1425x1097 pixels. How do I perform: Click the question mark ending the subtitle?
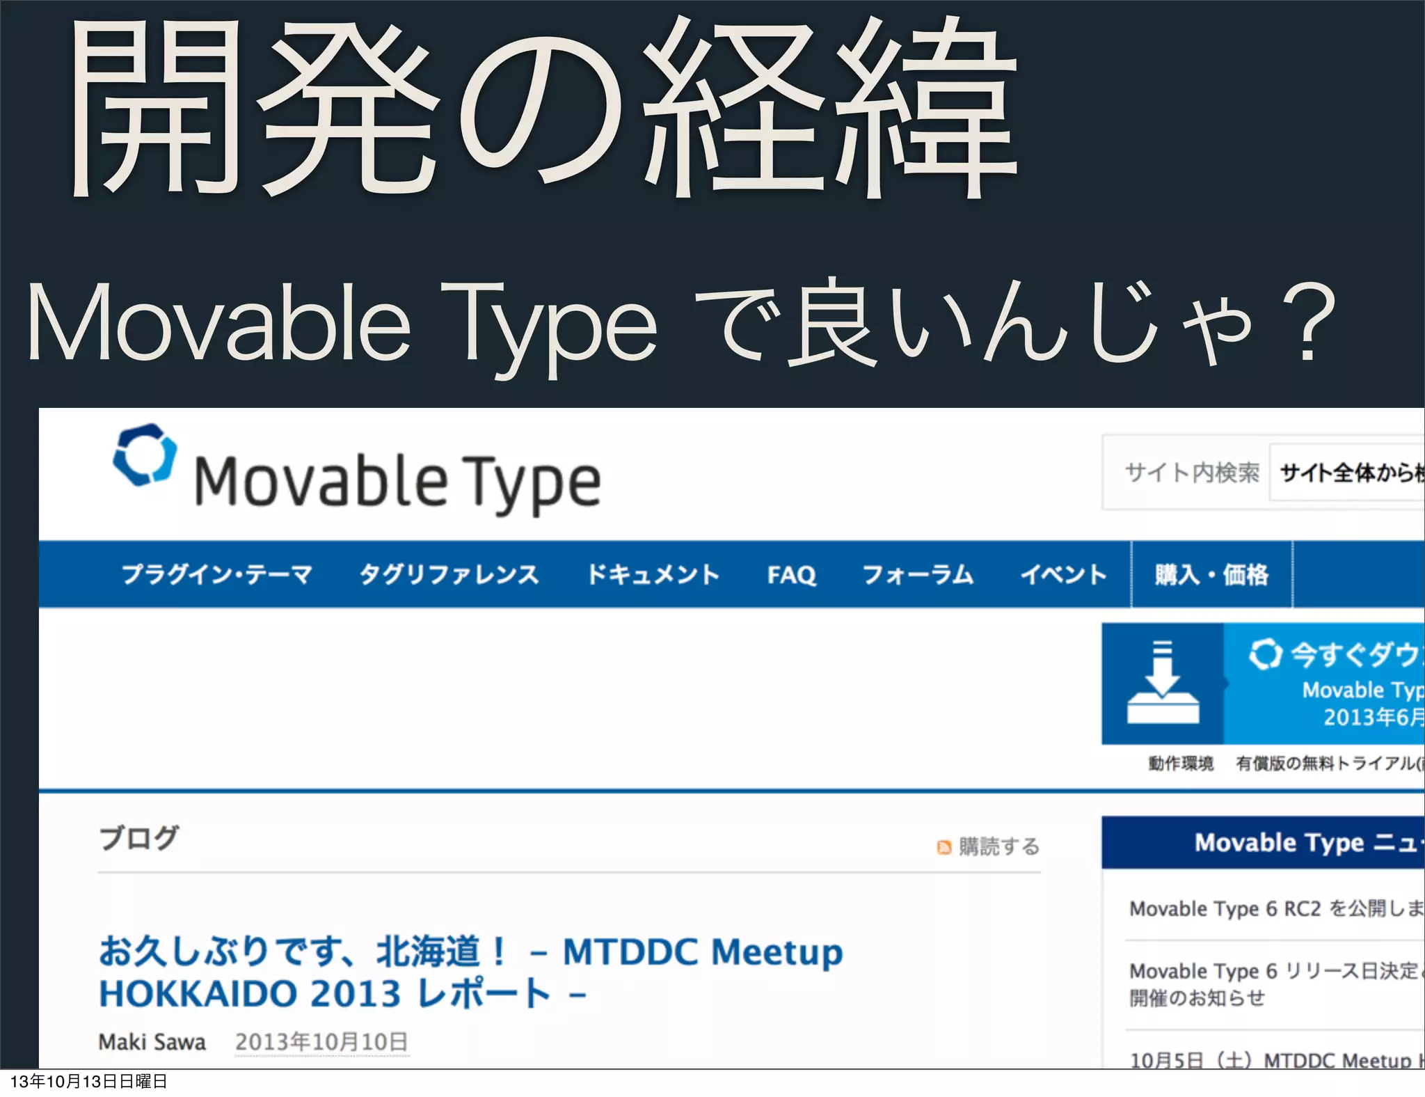pos(1308,324)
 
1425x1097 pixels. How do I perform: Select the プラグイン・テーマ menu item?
pos(217,575)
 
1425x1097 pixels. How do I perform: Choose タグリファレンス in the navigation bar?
pos(449,575)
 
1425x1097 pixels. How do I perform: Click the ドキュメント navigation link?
pos(653,575)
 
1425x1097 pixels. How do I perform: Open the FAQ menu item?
pos(791,575)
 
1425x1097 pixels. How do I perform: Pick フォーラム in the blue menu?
pos(918,575)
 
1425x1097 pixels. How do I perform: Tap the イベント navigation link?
pos(1062,575)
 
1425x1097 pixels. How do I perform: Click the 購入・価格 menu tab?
pos(1211,575)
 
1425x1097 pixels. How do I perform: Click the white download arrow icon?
pos(1162,682)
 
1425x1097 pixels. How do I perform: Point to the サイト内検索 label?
pos(1191,473)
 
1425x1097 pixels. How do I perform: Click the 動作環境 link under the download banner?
pos(1181,764)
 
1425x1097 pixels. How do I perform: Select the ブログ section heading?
pos(139,838)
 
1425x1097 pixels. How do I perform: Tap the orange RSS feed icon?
pos(944,847)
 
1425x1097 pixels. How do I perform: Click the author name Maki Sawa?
pos(152,1042)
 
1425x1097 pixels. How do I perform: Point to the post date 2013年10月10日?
pos(321,1042)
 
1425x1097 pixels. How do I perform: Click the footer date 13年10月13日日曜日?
pos(89,1081)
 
